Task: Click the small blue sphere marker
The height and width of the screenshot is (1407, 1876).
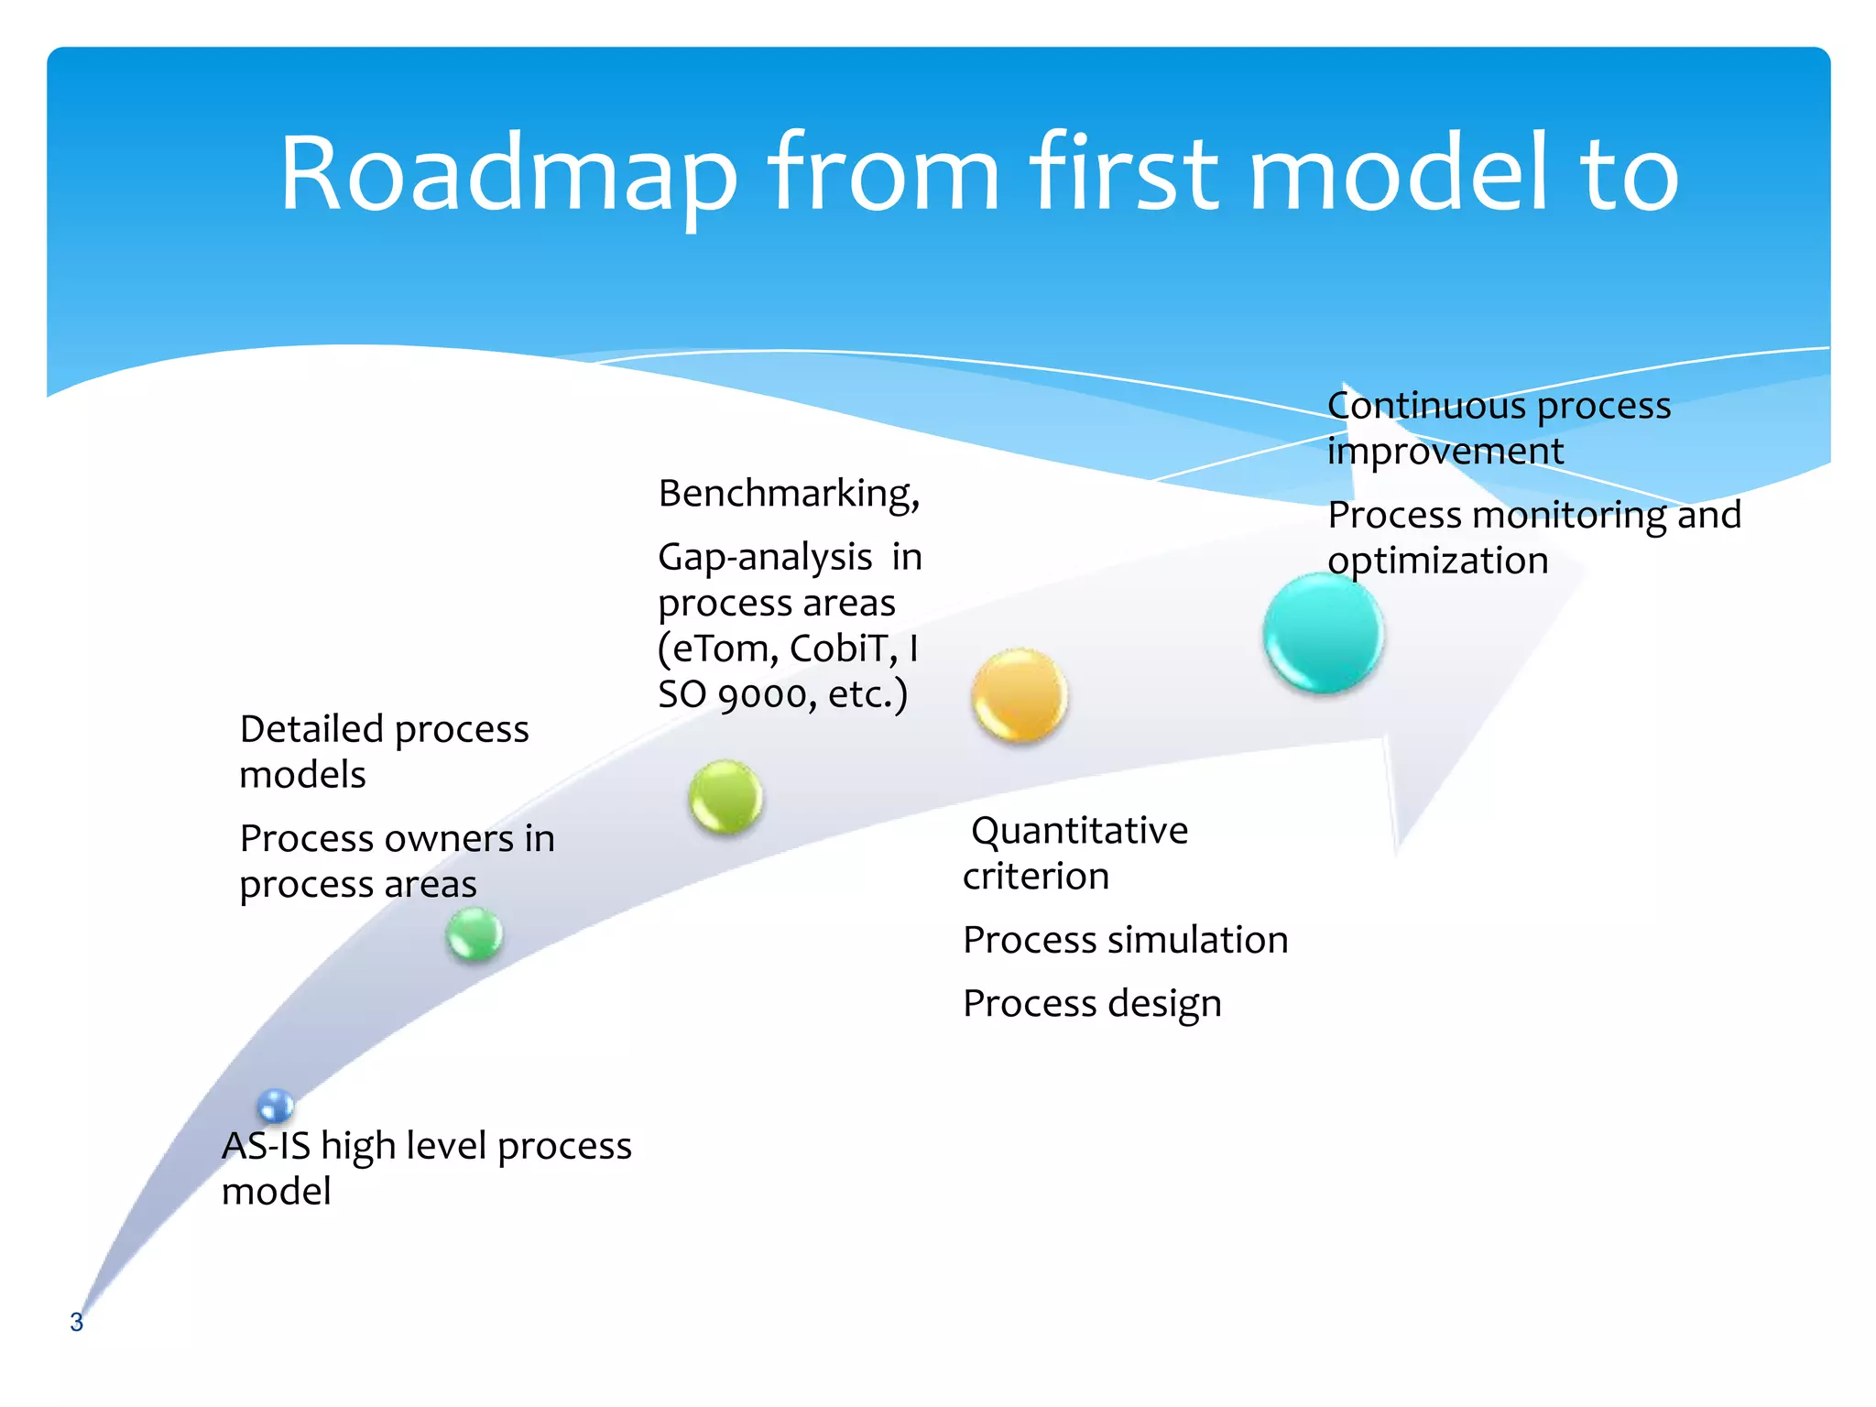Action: (x=275, y=1106)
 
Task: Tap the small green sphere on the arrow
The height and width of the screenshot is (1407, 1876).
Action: (x=474, y=933)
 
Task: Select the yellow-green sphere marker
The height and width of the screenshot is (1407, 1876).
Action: (x=725, y=796)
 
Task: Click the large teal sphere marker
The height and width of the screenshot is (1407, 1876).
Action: (x=1323, y=632)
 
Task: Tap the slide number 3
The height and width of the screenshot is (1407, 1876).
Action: (x=76, y=1322)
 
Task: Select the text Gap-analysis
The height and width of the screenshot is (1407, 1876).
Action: (x=765, y=557)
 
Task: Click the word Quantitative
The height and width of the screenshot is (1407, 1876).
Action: (x=1079, y=831)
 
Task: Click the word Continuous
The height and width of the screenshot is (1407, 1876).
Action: (x=1425, y=406)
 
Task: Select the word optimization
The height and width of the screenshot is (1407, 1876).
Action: (x=1437, y=561)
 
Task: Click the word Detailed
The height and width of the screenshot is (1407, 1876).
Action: (x=311, y=729)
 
